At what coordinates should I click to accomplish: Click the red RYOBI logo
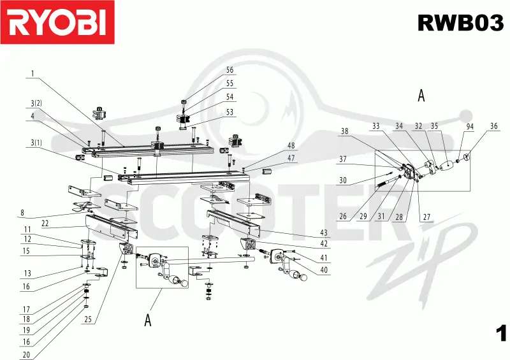pos(57,22)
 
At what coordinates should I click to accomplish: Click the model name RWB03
pos(460,23)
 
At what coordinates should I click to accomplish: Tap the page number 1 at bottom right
pos(501,333)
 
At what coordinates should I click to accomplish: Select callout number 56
pos(229,70)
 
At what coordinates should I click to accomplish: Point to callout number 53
pos(229,112)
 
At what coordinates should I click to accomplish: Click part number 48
pos(291,146)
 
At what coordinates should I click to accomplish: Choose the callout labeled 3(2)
pos(36,103)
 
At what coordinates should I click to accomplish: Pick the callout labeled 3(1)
pos(36,143)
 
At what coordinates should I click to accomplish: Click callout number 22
pos(45,223)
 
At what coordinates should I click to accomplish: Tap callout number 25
pos(88,319)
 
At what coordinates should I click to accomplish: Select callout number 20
pos(26,354)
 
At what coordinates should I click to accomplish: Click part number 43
pos(324,233)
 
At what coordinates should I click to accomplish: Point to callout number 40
pos(324,270)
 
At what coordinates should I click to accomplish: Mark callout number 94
pos(470,127)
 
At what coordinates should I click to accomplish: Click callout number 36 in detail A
pos(493,126)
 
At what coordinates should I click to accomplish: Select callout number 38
pos(344,131)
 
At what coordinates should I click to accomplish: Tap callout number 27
pos(426,217)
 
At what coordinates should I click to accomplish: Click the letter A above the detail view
pos(421,96)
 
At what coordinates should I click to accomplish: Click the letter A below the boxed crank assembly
pos(148,320)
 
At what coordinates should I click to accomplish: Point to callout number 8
pos(22,213)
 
